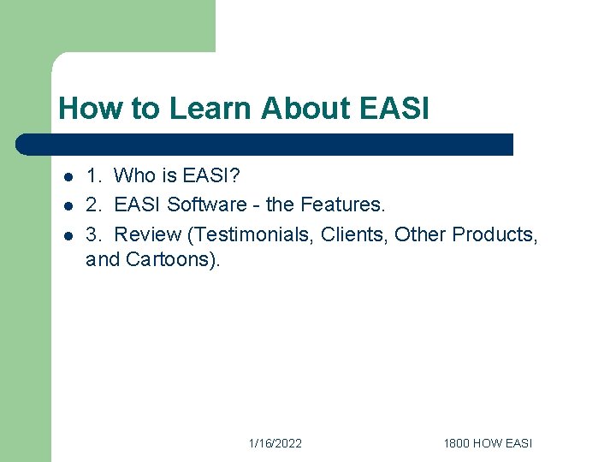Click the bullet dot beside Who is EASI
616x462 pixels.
68,178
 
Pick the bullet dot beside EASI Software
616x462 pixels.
68,206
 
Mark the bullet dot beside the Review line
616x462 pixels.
68,235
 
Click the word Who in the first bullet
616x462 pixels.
135,176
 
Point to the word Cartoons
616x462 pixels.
172,260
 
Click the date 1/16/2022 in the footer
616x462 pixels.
275,443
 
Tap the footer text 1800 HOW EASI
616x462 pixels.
488,443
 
